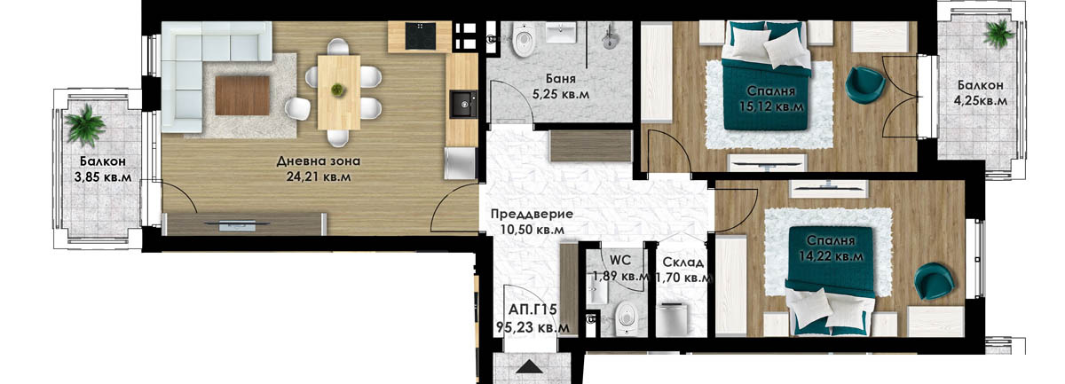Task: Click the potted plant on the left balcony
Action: click(85, 125)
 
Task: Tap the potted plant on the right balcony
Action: click(999, 34)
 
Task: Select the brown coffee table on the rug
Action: click(242, 96)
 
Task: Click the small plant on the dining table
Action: click(337, 90)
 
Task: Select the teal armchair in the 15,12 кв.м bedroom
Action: click(864, 84)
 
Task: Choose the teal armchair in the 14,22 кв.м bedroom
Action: click(935, 281)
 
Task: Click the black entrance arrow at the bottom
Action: click(530, 367)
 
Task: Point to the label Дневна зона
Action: click(319, 161)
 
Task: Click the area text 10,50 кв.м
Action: click(532, 230)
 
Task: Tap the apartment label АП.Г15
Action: click(532, 310)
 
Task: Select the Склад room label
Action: click(683, 262)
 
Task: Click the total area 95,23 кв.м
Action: click(532, 327)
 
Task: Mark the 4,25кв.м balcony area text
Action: click(981, 101)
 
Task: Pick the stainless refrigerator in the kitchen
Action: click(461, 163)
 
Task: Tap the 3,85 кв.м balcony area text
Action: click(103, 177)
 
